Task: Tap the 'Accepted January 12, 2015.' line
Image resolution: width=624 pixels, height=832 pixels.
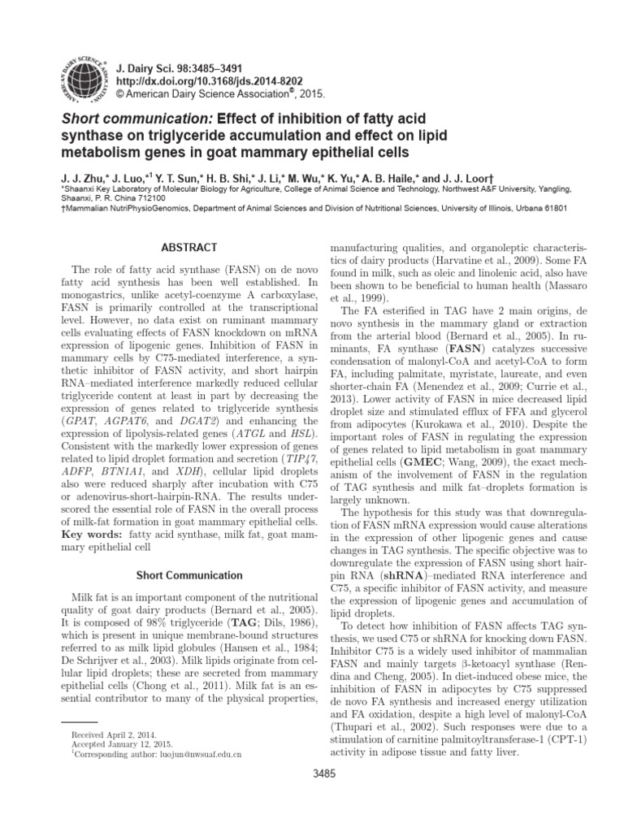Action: tap(116, 744)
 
